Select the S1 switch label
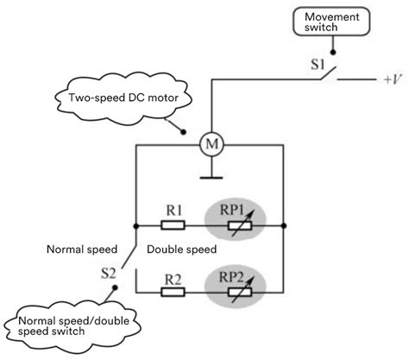pyautogui.click(x=318, y=63)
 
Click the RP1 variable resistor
pyautogui.click(x=238, y=225)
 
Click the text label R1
pyautogui.click(x=173, y=210)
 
